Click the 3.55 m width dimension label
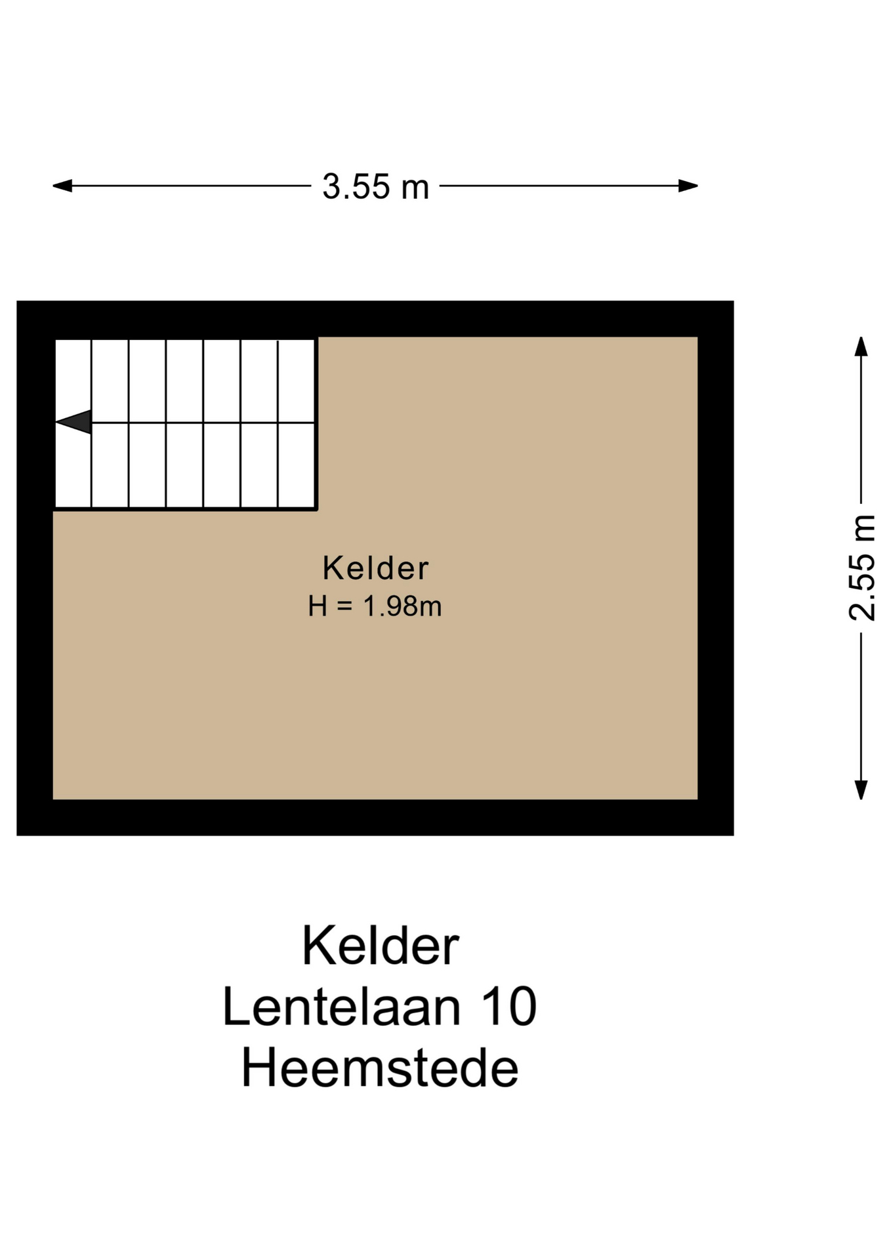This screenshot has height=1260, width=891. (x=375, y=186)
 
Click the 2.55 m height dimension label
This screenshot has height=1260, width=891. (x=861, y=568)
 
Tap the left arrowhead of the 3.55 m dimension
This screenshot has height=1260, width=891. (x=62, y=186)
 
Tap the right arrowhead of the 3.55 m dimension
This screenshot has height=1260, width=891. (x=688, y=186)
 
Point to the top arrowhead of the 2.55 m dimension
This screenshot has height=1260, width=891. (x=861, y=346)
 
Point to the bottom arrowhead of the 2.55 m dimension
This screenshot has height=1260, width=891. (x=861, y=790)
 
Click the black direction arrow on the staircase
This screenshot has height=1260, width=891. (x=73, y=422)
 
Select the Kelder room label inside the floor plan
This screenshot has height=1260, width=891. (x=375, y=568)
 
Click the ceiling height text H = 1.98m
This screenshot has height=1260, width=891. (x=375, y=606)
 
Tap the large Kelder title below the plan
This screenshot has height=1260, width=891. (x=381, y=946)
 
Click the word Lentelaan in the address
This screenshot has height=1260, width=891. (x=341, y=1007)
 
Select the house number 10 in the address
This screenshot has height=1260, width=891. (x=509, y=1007)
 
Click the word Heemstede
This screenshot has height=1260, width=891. (x=380, y=1068)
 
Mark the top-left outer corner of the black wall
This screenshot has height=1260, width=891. (x=17, y=301)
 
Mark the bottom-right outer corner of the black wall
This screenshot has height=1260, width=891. (x=734, y=835)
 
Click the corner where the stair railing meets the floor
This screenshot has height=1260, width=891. (x=317, y=509)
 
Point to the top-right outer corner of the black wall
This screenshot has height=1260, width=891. (x=734, y=301)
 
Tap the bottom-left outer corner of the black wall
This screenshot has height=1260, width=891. (x=17, y=835)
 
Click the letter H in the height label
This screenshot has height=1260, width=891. (x=318, y=606)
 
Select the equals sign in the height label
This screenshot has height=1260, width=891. (x=345, y=607)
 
